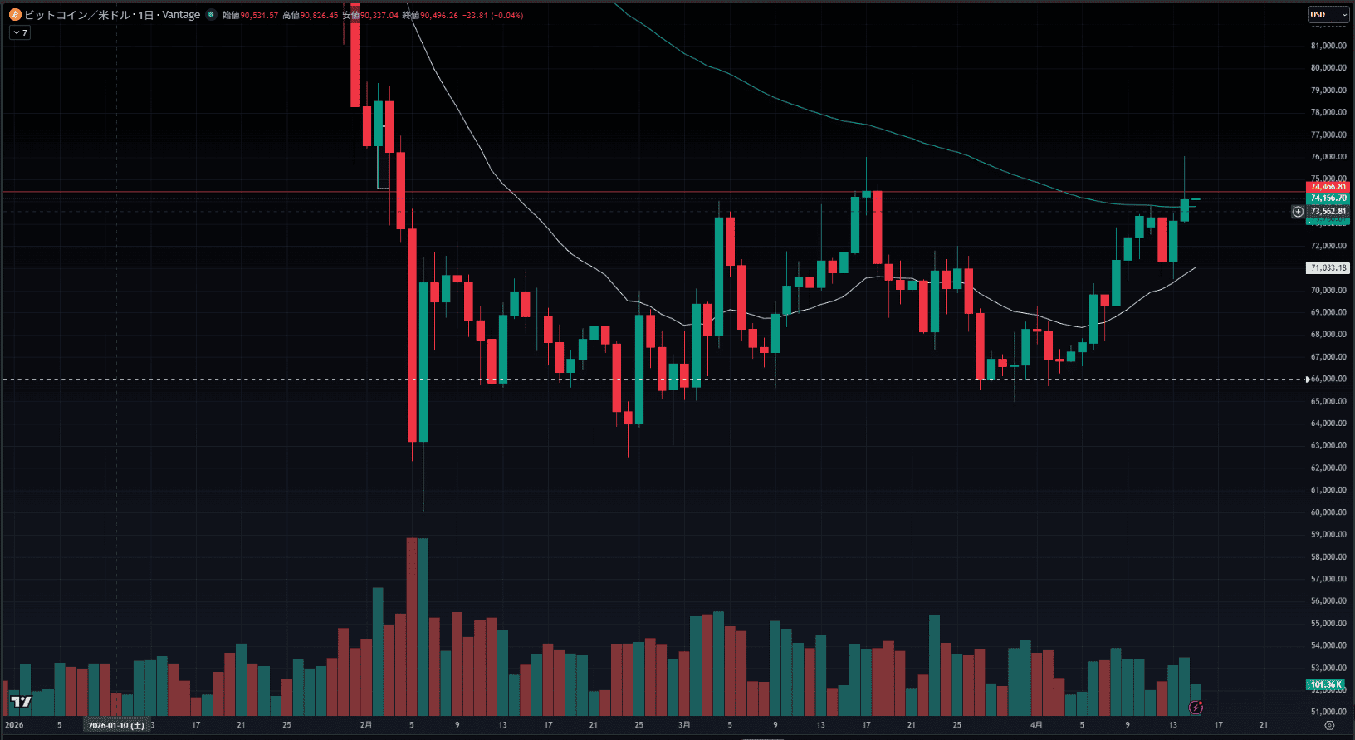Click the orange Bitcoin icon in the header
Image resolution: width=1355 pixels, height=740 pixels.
(x=15, y=15)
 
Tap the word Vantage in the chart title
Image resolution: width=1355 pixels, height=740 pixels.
(x=181, y=15)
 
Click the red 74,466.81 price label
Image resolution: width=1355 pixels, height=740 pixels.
(x=1328, y=187)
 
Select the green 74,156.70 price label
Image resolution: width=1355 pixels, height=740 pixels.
(x=1328, y=198)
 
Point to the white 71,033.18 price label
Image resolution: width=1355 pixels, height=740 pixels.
(x=1328, y=268)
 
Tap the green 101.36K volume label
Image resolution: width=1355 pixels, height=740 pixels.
(x=1326, y=685)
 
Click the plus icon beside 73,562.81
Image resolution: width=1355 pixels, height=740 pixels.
(x=1299, y=212)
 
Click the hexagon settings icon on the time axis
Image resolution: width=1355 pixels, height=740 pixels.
(x=1328, y=725)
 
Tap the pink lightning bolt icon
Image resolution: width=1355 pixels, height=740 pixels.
(x=1196, y=708)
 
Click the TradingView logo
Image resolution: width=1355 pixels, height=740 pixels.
(x=21, y=702)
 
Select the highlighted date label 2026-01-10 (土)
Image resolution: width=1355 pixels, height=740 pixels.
(x=116, y=725)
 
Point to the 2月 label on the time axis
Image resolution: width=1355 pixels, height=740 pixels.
(x=366, y=725)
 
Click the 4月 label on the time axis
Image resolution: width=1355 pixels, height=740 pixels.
(x=1036, y=725)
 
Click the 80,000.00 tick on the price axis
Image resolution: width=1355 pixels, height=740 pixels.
(x=1328, y=68)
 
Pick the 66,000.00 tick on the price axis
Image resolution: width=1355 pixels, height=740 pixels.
(x=1328, y=379)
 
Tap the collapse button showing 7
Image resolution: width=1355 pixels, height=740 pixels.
(x=20, y=32)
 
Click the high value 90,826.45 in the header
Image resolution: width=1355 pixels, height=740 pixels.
(x=319, y=15)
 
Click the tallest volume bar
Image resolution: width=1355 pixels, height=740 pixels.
(x=412, y=627)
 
